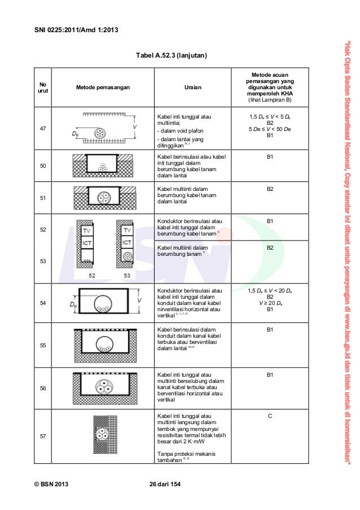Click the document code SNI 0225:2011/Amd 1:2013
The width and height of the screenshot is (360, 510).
(72, 29)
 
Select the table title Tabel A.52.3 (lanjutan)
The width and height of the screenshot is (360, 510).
(172, 56)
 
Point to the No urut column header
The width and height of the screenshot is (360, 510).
(43, 88)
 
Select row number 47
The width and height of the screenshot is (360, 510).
(43, 129)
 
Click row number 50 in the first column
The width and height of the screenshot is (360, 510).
(43, 165)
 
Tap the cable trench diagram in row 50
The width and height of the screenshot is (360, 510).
(103, 165)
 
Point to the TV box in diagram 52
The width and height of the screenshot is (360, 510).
(86, 231)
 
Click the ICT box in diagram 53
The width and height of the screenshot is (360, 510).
(127, 243)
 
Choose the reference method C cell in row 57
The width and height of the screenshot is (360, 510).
(270, 416)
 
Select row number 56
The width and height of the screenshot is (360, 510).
(43, 388)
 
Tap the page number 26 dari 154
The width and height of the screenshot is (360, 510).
(164, 485)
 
